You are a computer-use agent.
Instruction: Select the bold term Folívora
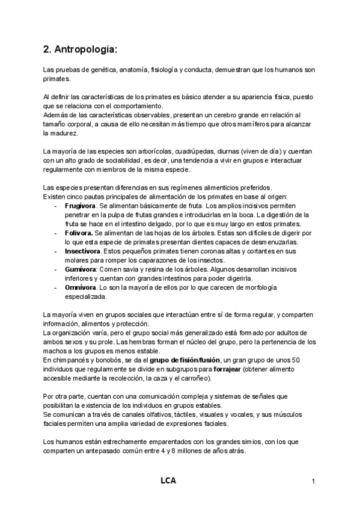point(78,232)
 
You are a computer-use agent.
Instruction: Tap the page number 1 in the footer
point(313,481)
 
